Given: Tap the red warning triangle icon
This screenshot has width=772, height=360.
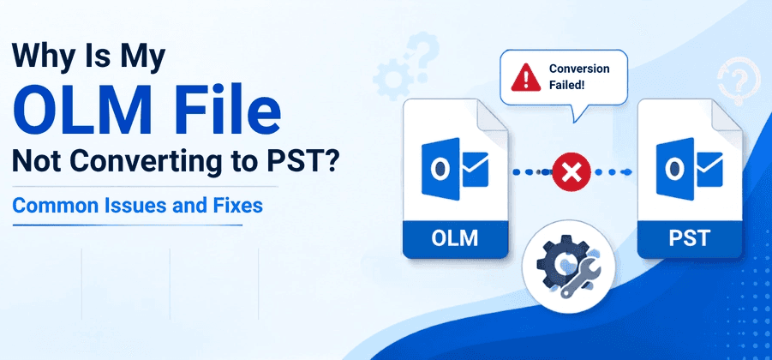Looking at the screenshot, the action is (525, 78).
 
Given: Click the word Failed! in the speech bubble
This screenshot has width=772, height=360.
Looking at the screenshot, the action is (566, 85).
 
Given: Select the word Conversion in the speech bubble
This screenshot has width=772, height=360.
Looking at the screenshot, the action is (579, 69).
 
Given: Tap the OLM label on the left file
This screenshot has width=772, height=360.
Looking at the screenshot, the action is (454, 238).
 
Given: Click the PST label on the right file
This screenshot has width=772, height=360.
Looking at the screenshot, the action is (689, 238).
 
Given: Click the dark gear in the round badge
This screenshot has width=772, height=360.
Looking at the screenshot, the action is (556, 264).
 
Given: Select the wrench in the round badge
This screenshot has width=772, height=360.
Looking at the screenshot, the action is (582, 279).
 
